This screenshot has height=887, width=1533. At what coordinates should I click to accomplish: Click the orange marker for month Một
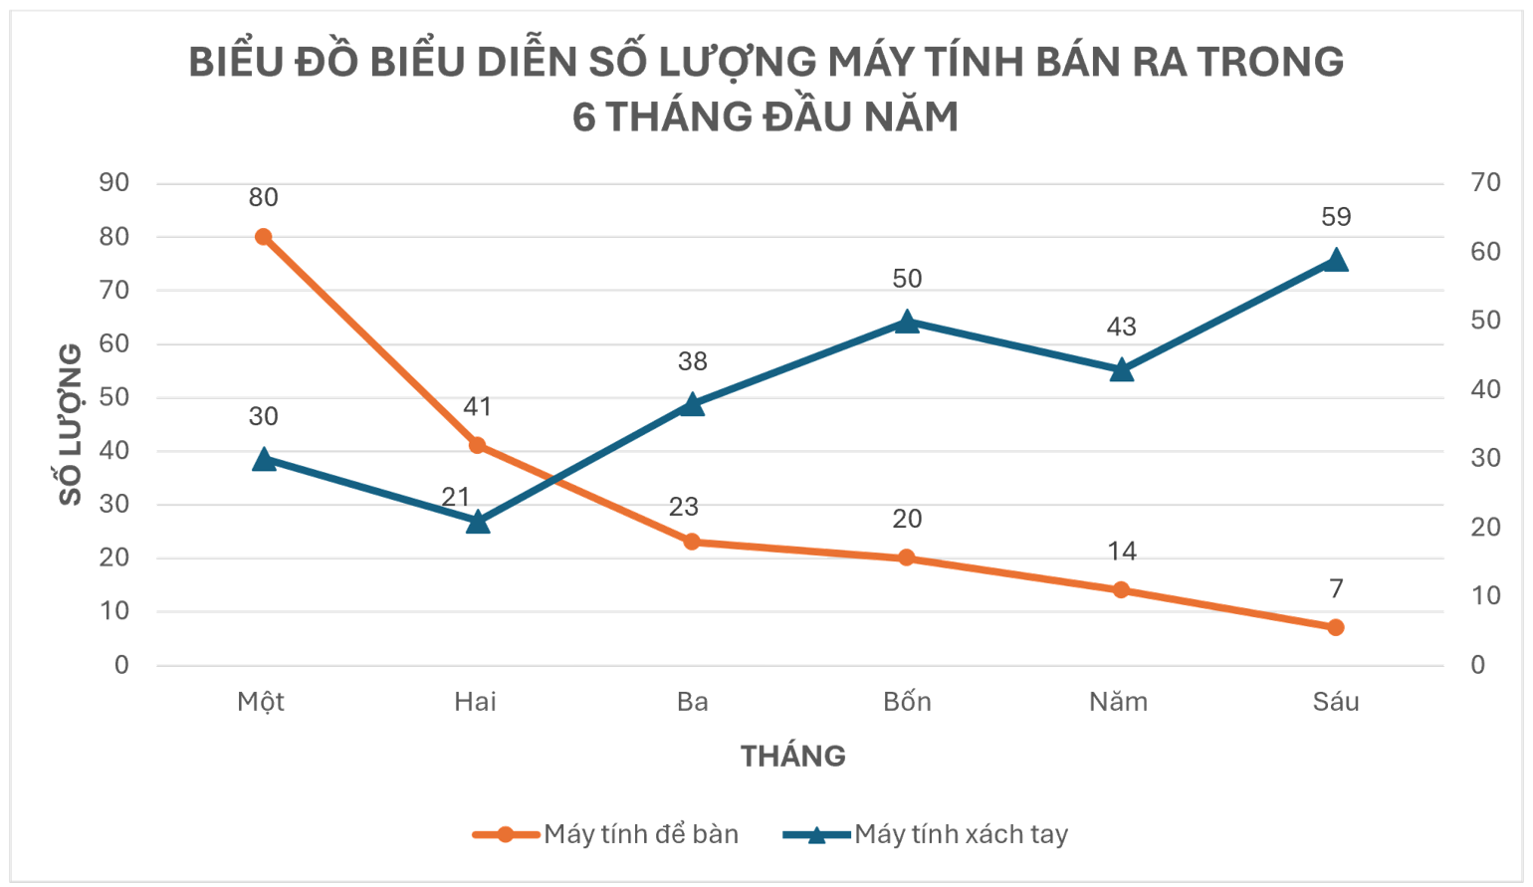[x=263, y=237]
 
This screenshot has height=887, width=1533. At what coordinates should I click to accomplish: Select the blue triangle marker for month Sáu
[x=1336, y=261]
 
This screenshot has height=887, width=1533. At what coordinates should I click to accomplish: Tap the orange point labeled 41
[x=477, y=445]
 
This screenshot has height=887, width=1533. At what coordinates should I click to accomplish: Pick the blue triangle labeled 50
[x=907, y=322]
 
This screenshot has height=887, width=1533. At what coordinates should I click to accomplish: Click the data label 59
[x=1336, y=217]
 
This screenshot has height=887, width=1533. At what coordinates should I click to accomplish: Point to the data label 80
[x=263, y=197]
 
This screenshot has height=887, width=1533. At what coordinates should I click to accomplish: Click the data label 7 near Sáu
[x=1336, y=588]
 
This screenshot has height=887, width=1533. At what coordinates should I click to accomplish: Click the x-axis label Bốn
[x=907, y=702]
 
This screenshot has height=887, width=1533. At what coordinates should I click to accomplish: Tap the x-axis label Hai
[x=475, y=702]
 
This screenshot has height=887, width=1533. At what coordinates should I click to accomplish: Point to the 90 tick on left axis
[x=114, y=182]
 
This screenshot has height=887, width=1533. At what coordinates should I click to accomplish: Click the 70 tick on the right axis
[x=1485, y=182]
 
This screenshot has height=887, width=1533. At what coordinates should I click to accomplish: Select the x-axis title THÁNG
[x=792, y=757]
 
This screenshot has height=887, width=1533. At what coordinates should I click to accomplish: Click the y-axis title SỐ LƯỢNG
[x=71, y=424]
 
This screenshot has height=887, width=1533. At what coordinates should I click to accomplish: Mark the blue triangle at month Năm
[x=1122, y=370]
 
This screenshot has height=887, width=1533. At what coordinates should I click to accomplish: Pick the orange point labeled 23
[x=692, y=542]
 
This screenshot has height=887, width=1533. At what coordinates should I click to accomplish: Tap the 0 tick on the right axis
[x=1477, y=665]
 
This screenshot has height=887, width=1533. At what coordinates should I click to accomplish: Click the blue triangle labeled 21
[x=478, y=522]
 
